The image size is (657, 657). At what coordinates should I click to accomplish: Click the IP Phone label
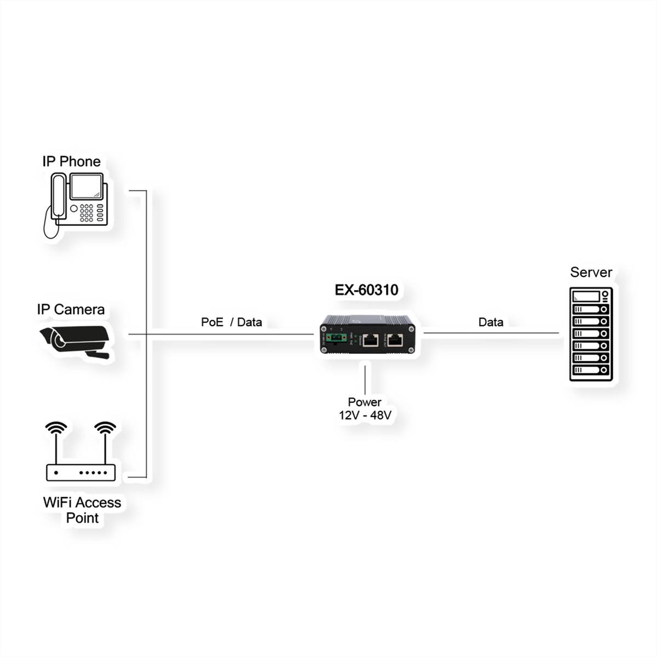72,162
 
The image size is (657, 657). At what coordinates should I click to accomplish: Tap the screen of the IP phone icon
87,186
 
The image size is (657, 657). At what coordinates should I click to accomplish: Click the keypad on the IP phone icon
87,213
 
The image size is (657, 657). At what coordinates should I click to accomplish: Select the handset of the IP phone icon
59,197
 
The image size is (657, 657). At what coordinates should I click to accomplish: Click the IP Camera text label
71,309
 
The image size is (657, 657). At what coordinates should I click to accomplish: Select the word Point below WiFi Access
82,518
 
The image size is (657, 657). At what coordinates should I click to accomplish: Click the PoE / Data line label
231,322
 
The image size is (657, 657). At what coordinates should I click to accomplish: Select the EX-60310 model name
366,290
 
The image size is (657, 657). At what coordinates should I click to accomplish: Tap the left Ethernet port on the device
370,340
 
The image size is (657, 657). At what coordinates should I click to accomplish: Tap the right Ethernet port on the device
395,340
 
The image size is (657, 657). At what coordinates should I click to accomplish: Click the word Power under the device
365,402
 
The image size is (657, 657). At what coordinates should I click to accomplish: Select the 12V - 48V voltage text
365,415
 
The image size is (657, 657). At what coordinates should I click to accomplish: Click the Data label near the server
491,322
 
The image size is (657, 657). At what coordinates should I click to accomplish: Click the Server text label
591,272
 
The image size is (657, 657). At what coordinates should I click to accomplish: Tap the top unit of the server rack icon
590,296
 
